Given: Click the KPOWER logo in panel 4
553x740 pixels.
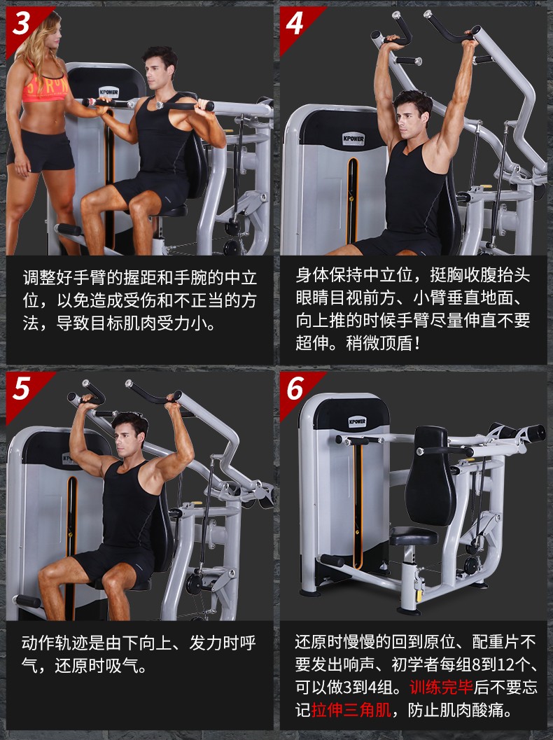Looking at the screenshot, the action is pyautogui.click(x=353, y=139).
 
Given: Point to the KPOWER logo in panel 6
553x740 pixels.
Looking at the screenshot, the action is pyautogui.click(x=357, y=421).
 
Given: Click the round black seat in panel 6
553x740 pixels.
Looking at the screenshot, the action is pyautogui.click(x=414, y=536).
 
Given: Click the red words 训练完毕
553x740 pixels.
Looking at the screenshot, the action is pyautogui.click(x=441, y=687).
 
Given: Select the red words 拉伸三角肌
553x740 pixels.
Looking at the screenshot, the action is pyautogui.click(x=351, y=709).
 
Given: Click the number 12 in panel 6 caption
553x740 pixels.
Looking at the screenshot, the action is pyautogui.click(x=513, y=664).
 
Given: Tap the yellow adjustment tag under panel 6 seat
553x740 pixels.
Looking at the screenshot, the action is pyautogui.click(x=419, y=594).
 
